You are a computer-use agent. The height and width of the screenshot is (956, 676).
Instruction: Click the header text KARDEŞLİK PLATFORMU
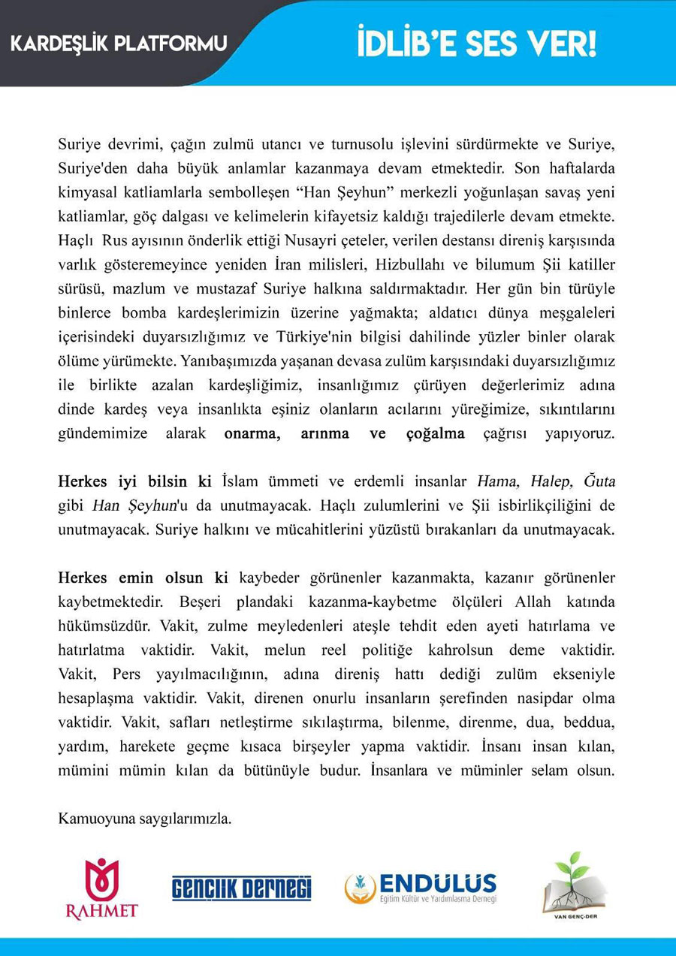119,44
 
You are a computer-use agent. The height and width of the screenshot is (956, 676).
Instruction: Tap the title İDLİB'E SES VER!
476,44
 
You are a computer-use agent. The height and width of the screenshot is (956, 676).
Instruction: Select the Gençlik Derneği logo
241,888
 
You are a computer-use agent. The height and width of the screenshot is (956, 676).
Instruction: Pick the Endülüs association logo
421,888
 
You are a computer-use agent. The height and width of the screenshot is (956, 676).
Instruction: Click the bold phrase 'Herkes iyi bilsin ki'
136,481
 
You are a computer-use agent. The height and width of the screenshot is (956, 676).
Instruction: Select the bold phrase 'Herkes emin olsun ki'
143,578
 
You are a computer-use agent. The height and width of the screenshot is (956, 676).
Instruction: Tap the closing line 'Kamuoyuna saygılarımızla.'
144,819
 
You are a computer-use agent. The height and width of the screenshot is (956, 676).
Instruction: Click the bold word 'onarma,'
253,433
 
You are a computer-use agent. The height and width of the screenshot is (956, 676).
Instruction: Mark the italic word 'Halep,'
546,481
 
